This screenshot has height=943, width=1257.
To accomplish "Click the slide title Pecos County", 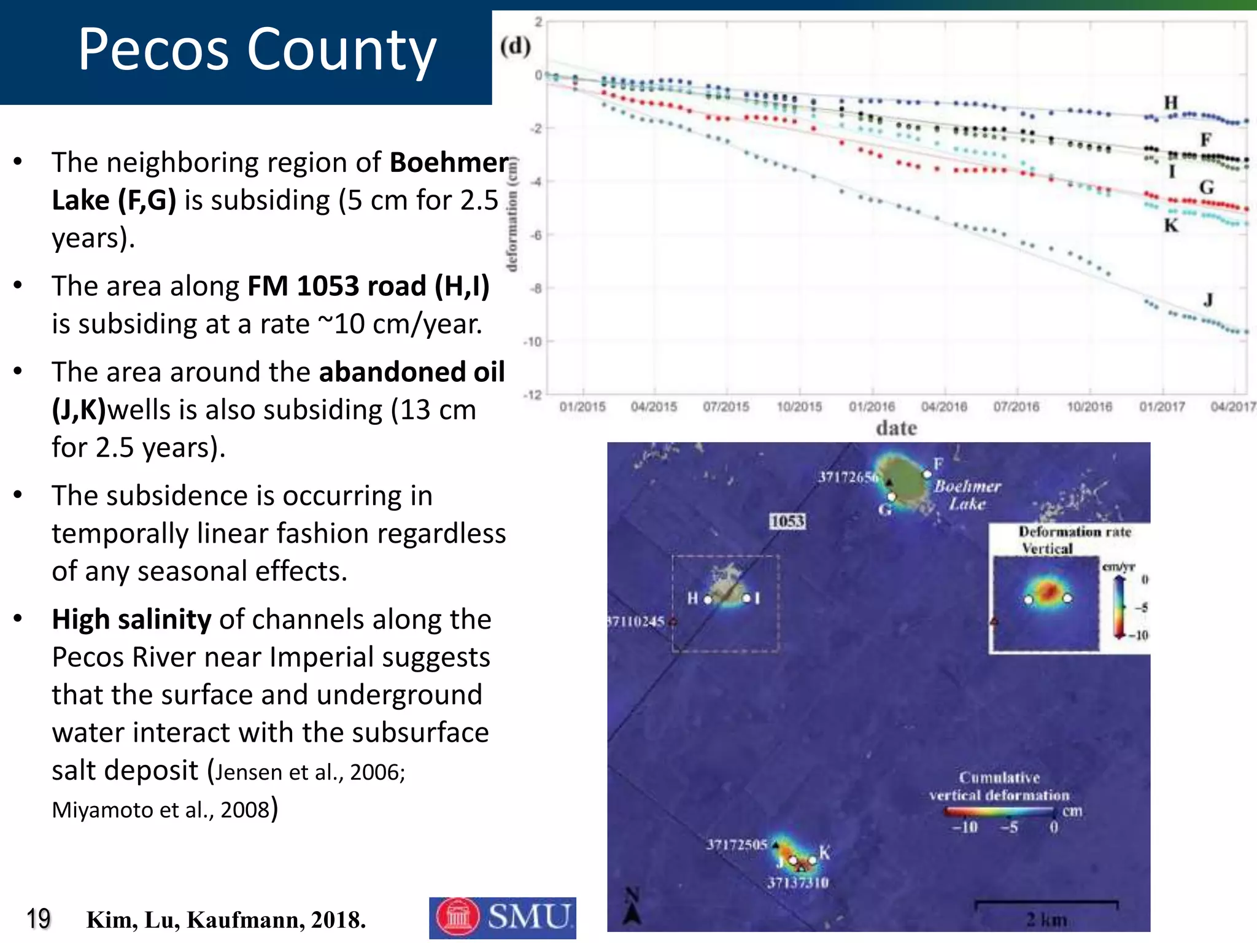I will [x=257, y=50].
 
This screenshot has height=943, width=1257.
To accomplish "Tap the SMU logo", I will [x=502, y=917].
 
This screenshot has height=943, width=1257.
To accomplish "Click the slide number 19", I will [x=38, y=919].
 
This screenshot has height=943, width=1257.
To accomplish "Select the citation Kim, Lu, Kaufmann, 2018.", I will [x=226, y=920].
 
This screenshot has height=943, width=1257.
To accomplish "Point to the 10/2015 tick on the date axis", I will [x=799, y=406].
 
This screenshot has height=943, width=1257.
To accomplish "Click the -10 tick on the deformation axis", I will [x=532, y=341].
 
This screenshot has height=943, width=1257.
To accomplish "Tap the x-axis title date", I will [x=896, y=428].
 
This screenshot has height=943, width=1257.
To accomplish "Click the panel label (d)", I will [x=515, y=46].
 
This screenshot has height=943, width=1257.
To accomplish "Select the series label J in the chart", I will [x=1208, y=300].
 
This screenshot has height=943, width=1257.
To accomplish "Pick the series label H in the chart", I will [x=1171, y=102].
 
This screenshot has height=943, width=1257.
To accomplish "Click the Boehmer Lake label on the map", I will [x=967, y=495].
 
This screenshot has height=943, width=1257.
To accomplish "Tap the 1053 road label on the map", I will [x=787, y=521].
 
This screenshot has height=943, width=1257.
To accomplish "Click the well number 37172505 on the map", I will [x=736, y=844].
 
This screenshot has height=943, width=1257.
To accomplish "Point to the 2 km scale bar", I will [x=1046, y=903].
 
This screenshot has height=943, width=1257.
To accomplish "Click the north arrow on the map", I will [x=632, y=907].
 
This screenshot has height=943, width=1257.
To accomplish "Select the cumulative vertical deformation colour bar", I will [x=999, y=812].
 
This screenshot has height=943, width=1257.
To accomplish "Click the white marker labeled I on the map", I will [x=746, y=597].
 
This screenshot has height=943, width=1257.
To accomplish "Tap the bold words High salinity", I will [x=131, y=619].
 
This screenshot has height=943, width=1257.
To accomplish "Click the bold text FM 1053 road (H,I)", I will [x=368, y=286].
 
